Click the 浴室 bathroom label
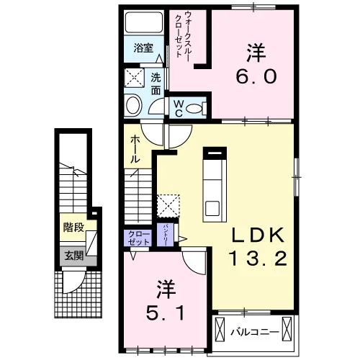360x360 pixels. [143, 48]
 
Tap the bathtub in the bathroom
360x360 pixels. [143, 22]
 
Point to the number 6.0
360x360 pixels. [256, 77]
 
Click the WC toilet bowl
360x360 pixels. [194, 109]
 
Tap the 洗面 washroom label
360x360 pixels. [156, 84]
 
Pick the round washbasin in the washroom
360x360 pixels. [134, 106]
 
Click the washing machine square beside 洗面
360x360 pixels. [134, 78]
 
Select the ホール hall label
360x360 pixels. [135, 149]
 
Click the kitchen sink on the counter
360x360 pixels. [212, 208]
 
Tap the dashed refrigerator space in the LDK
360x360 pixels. [168, 206]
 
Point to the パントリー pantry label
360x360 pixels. [165, 235]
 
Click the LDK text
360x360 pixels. [258, 235]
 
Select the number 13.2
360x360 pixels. [258, 258]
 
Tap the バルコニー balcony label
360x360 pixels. [255, 333]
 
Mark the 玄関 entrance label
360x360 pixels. [73, 256]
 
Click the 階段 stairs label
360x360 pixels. [73, 228]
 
